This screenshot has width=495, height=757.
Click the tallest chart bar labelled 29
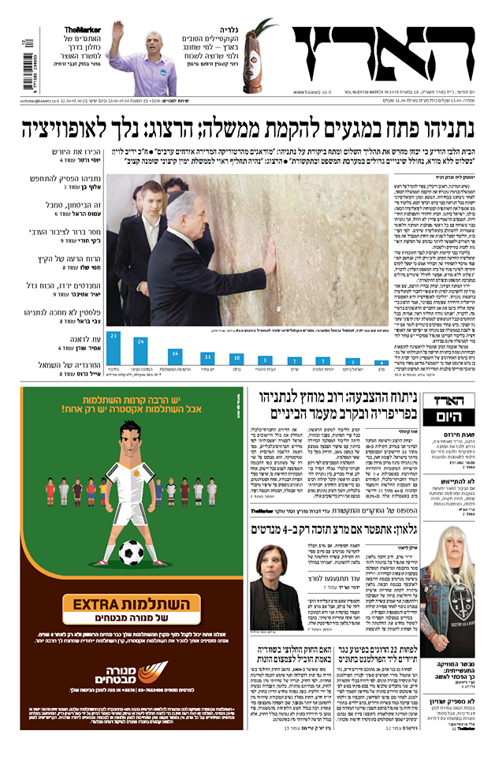[x=114, y=348]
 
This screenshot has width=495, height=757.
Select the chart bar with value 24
[x=141, y=351]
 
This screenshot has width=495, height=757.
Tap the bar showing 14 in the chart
[x=175, y=356]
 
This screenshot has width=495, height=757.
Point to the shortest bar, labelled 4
[x=381, y=364]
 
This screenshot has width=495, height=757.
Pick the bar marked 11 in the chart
[x=207, y=359]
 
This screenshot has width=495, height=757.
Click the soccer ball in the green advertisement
[x=131, y=553]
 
